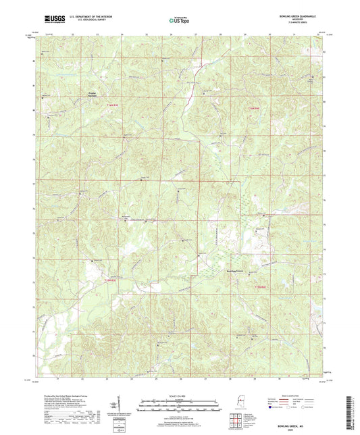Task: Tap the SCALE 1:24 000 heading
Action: tap(180, 396)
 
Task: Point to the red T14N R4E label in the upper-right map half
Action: tap(252, 107)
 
